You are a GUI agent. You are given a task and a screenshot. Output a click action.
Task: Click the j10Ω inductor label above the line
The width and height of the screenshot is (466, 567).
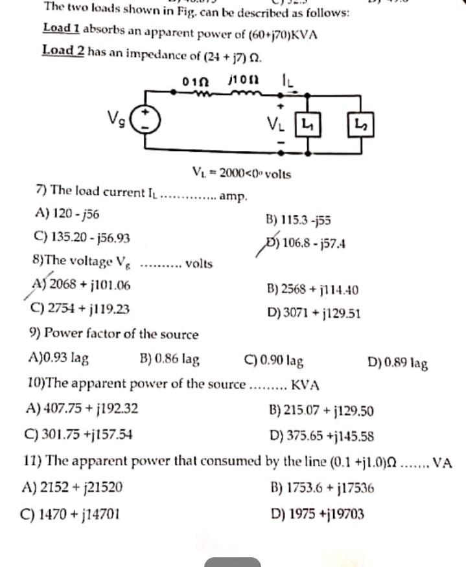click(x=244, y=81)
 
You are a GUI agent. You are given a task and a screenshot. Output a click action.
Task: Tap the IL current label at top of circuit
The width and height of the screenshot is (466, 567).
click(x=286, y=81)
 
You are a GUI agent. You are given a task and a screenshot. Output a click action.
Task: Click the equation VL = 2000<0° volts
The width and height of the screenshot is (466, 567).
click(x=242, y=173)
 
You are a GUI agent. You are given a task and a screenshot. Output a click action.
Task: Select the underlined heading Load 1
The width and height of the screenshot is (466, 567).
click(x=62, y=28)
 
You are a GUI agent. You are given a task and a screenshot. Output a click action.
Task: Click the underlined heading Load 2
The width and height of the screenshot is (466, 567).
click(x=63, y=50)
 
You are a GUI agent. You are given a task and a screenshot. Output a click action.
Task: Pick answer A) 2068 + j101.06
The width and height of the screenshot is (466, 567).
click(x=81, y=284)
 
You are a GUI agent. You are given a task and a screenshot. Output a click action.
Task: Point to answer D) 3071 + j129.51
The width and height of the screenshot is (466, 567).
click(x=314, y=314)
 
